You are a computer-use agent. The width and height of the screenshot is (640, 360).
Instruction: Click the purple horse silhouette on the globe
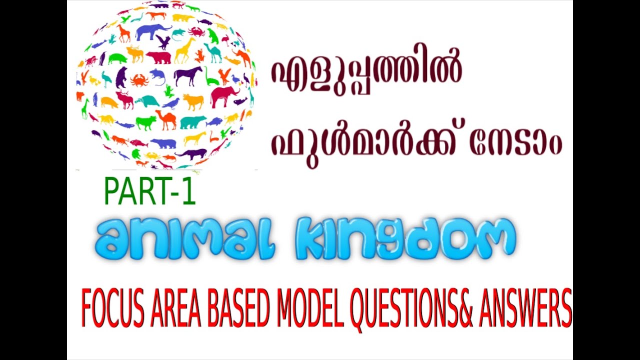click(188, 75)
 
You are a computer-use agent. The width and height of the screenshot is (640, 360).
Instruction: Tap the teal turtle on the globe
click(146, 101)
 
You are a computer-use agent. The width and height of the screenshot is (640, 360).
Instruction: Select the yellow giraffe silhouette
click(184, 49)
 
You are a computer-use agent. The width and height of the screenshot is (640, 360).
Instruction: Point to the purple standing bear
click(121, 77)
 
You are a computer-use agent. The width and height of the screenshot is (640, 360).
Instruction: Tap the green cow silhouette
click(145, 122)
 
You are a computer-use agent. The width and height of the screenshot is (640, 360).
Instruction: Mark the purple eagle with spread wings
click(162, 41)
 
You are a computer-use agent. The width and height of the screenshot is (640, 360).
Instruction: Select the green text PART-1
click(149, 193)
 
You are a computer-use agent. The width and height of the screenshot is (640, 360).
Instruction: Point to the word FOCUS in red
click(112, 308)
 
